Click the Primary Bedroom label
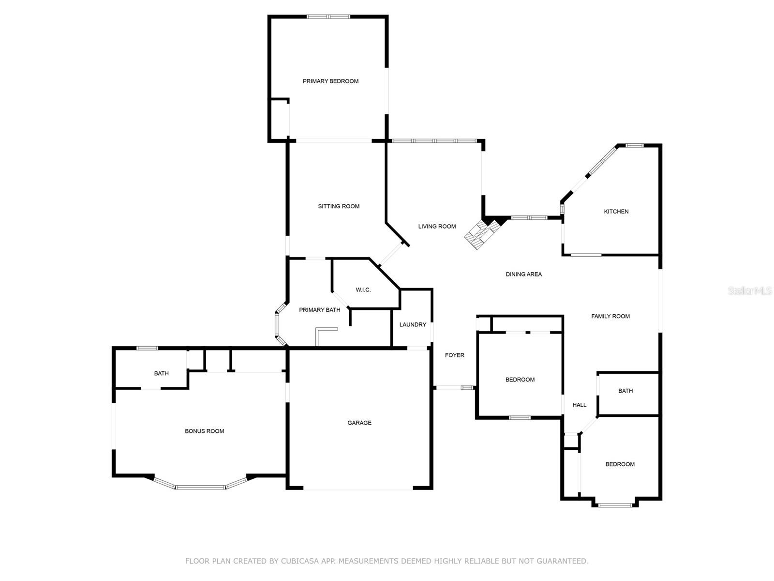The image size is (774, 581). coord(330,81)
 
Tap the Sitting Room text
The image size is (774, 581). coord(339,206)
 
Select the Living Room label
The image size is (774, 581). coord(437,226)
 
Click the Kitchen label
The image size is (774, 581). coord(616,212)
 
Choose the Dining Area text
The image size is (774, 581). coord(523,274)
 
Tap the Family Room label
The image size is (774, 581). coord(610,316)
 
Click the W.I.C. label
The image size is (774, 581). coord(363,290)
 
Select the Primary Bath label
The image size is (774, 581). coord(319,310)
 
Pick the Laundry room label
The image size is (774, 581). coord(413,324)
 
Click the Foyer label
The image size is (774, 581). coord(454,355)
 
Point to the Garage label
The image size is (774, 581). coord(359,423)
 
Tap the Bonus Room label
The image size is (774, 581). coord(204,431)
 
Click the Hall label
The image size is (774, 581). coord(579,405)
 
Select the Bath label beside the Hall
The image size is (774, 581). coord(625,391)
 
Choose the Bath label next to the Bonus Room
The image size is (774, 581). coord(161,373)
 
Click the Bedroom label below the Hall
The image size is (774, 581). coord(620,464)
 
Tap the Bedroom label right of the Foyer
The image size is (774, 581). coord(520,380)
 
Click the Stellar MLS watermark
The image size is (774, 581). coord(749,290)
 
